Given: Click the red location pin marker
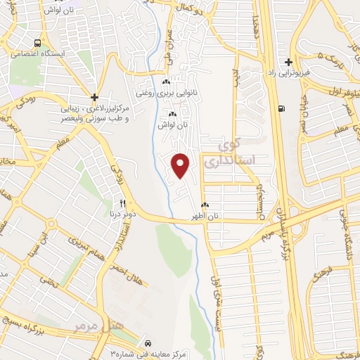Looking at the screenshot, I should coord(181,165).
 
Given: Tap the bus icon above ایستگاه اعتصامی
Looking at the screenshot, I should coord(37,42).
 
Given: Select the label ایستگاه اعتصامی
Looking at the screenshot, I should coord(37,54).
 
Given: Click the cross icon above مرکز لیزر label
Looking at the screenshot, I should coord(94,97).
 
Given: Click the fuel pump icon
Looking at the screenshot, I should coord(282,108).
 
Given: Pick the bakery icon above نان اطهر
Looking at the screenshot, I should coord(204,205).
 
